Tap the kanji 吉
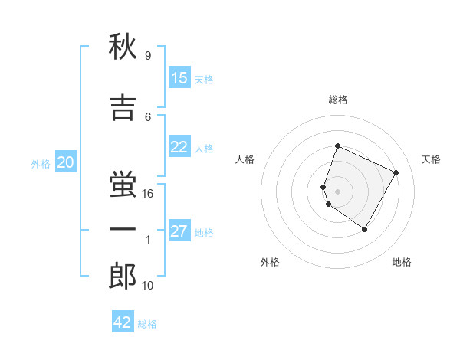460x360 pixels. click(123, 107)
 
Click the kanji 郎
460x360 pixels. click(123, 276)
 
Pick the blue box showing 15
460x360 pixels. click(179, 78)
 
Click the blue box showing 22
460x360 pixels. click(179, 148)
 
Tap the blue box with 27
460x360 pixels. click(179, 232)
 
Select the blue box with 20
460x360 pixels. click(66, 162)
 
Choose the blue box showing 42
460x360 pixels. click(123, 322)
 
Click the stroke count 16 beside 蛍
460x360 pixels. click(149, 194)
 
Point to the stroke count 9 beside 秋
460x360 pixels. click(147, 56)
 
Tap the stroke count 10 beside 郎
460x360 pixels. click(149, 286)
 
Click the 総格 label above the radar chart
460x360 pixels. click(338, 100)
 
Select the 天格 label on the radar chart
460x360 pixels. click(431, 159)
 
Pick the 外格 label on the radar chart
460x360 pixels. click(270, 262)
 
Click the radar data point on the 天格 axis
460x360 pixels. click(396, 172)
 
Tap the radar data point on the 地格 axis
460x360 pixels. click(364, 229)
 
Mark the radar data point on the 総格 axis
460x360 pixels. click(337, 146)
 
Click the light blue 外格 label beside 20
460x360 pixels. click(41, 163)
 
